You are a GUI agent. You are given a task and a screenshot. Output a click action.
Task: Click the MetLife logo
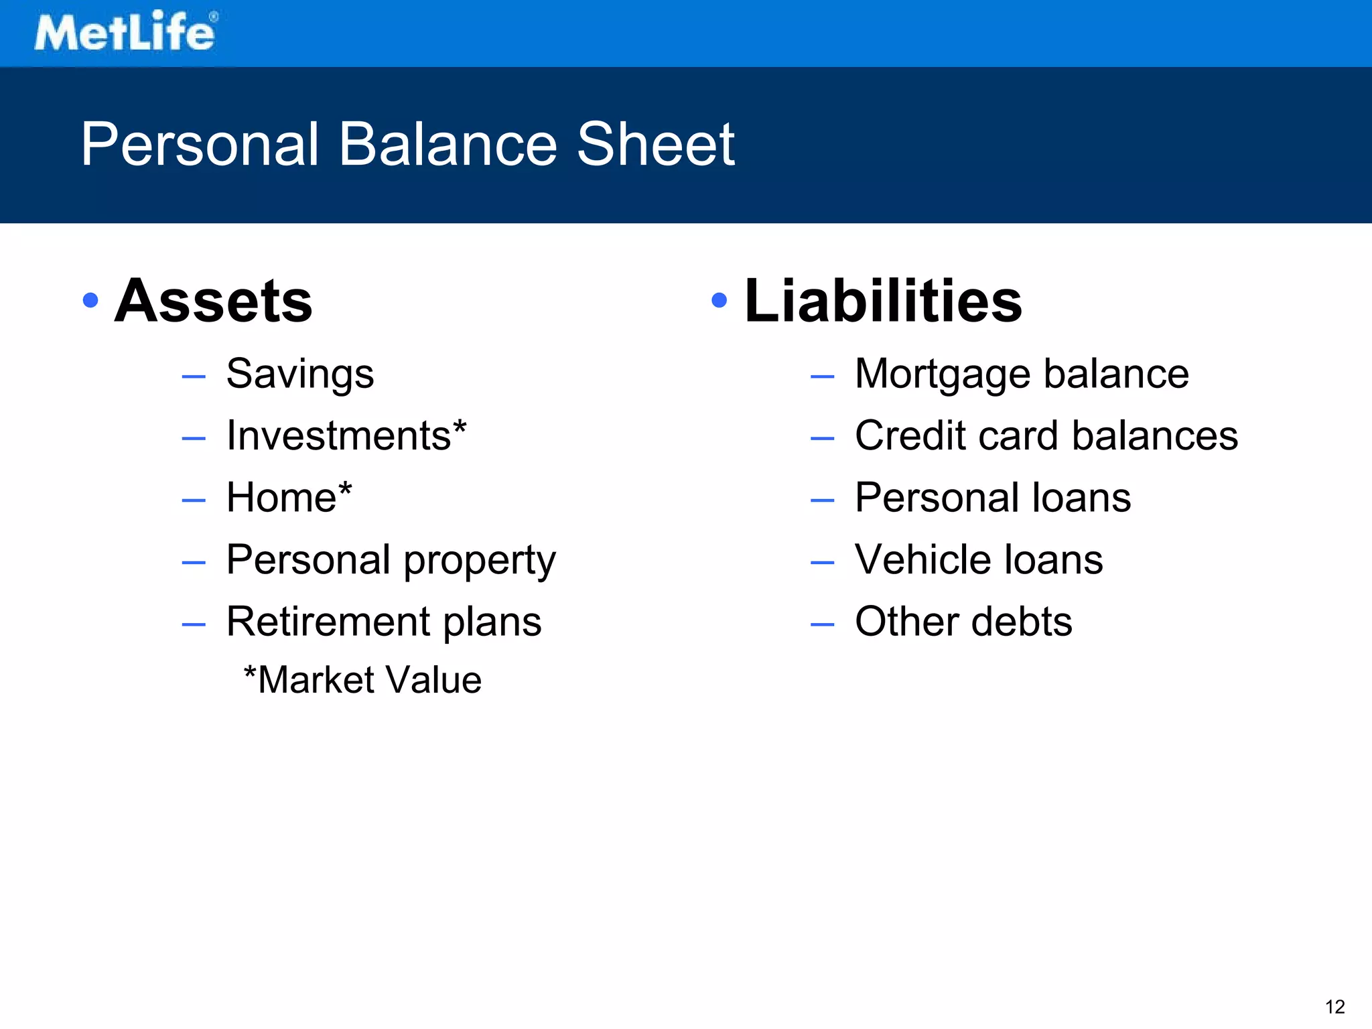[x=126, y=31]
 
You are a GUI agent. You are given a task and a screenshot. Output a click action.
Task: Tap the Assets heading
[x=213, y=301]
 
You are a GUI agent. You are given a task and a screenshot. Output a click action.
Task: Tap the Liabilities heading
[x=883, y=301]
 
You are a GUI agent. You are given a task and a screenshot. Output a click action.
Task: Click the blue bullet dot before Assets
[x=90, y=300]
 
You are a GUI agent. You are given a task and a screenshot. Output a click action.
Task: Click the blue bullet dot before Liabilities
[x=719, y=300]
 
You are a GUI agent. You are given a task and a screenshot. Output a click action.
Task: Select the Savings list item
[x=299, y=374]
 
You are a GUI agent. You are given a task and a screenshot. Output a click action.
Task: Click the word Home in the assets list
[x=281, y=498]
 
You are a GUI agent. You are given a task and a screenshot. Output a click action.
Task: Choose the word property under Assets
[x=480, y=561]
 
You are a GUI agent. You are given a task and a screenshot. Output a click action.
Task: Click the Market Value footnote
[x=362, y=680]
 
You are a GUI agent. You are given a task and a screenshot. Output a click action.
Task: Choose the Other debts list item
[x=963, y=622]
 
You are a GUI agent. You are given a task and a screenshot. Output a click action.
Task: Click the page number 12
[x=1334, y=1007]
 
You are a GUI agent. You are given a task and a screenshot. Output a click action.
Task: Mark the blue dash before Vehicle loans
[x=822, y=563]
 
